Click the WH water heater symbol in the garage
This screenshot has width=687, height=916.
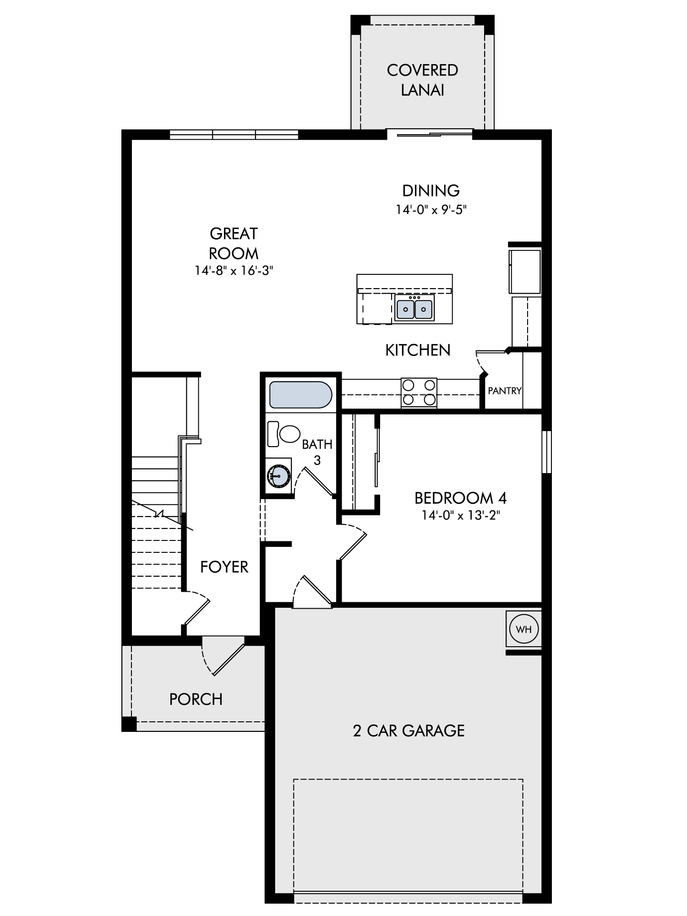click(x=523, y=629)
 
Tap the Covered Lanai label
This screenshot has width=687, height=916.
click(x=422, y=80)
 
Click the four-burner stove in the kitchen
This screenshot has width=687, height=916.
click(x=419, y=392)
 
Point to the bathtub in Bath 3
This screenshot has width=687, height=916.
click(x=300, y=394)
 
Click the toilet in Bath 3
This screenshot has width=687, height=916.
click(x=284, y=434)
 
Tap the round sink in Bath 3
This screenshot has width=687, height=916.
click(x=278, y=476)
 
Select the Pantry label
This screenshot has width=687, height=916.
click(x=505, y=391)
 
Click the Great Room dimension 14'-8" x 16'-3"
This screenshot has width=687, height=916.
click(x=234, y=270)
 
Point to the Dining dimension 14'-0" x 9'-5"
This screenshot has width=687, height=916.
click(x=431, y=209)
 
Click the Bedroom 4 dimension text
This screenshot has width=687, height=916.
click(x=461, y=515)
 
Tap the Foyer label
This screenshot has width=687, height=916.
click(x=224, y=567)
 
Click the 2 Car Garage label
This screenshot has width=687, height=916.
click(x=409, y=731)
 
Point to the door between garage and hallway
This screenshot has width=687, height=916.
click(x=312, y=592)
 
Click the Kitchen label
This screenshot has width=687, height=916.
click(x=418, y=350)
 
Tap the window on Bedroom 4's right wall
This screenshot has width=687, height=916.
click(x=547, y=452)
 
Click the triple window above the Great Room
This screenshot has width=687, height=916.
click(x=234, y=135)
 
